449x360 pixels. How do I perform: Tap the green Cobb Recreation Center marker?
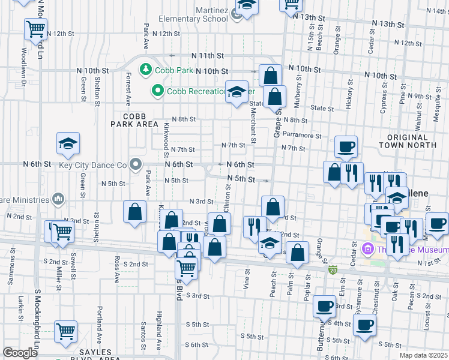158,91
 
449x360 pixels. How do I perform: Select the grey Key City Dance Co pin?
136,164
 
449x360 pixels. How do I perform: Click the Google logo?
20,353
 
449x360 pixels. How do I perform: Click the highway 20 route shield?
332,270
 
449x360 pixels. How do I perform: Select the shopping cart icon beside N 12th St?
36,28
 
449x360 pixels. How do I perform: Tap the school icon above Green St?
68,143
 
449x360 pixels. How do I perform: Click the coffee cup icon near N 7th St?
346,146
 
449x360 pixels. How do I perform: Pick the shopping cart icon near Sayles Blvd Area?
65,331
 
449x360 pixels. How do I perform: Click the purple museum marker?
369,248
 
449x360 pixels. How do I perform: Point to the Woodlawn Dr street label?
24,62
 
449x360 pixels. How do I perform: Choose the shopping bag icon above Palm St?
297,253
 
